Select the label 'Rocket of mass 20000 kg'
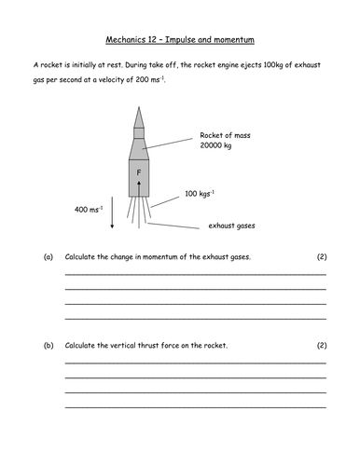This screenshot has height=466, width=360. [222, 140]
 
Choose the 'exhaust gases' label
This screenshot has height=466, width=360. [230, 225]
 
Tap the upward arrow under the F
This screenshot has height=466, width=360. [137, 189]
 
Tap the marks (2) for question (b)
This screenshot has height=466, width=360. [320, 346]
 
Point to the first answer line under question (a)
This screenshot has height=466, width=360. [195, 273]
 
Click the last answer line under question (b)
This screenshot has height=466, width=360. [195, 409]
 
